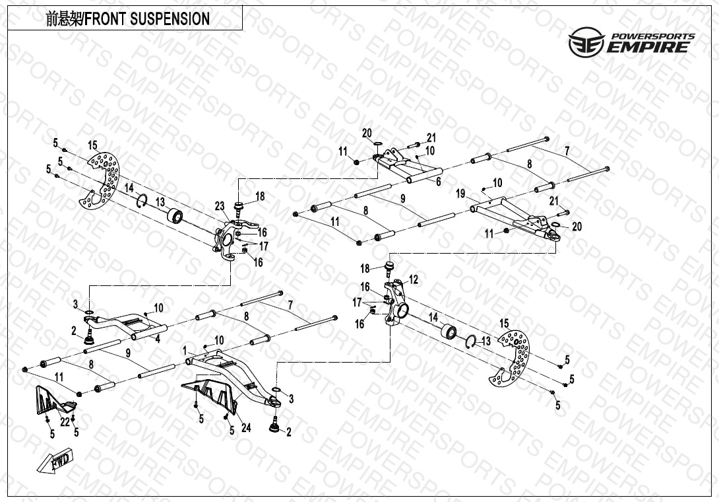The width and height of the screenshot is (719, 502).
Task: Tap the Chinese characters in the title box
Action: tap(63, 19)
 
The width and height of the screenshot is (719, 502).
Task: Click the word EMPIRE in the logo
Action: tap(649, 47)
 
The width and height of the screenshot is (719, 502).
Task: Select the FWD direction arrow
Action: tap(58, 461)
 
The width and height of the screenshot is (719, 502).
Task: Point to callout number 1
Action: tap(185, 349)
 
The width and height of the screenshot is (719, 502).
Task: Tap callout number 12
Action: tap(414, 279)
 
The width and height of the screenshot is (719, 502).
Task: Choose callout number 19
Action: tap(461, 194)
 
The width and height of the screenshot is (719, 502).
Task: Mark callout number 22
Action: tap(64, 421)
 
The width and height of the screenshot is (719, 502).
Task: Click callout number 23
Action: tap(220, 205)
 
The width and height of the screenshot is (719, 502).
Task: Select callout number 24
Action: tap(246, 427)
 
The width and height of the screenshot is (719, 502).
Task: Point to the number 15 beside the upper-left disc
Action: tap(92, 145)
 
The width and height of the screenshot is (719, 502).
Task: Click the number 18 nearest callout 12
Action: tap(365, 269)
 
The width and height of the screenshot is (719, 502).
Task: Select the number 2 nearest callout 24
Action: tap(288, 432)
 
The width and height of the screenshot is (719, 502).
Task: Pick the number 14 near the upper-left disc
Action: tap(129, 188)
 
